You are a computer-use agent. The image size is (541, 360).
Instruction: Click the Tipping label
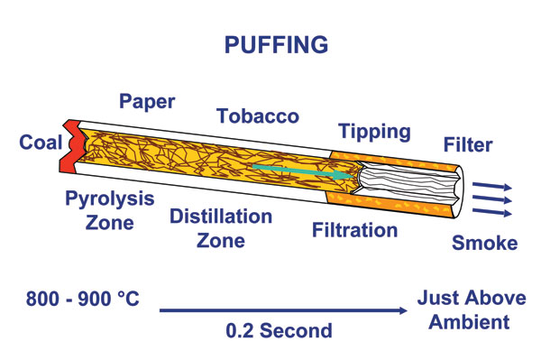[x=374, y=132]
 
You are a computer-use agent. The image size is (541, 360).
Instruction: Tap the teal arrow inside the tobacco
[x=298, y=171]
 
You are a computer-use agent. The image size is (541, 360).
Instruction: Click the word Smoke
[x=483, y=242]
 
